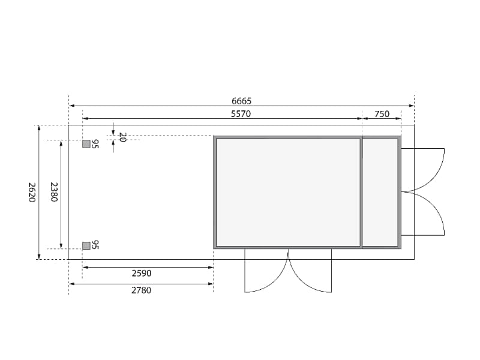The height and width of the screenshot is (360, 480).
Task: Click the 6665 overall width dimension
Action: [242, 101]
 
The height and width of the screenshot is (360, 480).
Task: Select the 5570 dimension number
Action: [241, 114]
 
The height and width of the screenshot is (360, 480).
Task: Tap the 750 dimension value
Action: [382, 114]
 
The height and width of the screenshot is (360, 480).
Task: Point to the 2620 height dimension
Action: [32, 192]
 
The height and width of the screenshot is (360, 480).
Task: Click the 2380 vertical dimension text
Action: [54, 192]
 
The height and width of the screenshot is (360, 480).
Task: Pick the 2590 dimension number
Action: [142, 273]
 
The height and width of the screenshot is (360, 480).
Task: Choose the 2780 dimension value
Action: [142, 290]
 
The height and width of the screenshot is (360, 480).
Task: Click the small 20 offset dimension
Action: [122, 137]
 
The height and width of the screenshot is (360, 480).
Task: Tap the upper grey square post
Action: [86, 144]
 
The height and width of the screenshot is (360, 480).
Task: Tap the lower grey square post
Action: [86, 245]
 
